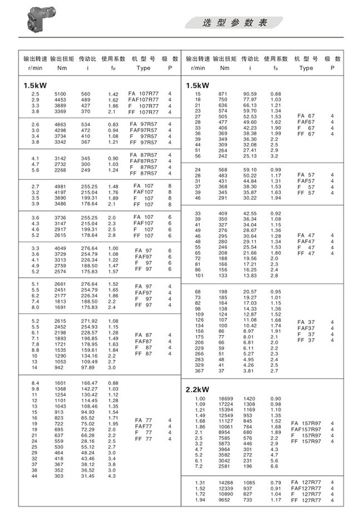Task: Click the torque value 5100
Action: point(60,94)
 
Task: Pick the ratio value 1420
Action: point(250,399)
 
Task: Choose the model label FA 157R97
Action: point(306,423)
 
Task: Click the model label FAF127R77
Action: point(306,488)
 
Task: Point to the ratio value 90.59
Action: point(250,94)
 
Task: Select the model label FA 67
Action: point(306,116)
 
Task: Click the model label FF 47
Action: point(306,253)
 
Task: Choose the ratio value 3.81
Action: point(248,371)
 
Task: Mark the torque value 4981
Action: point(60,186)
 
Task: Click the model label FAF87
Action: point(143,341)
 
